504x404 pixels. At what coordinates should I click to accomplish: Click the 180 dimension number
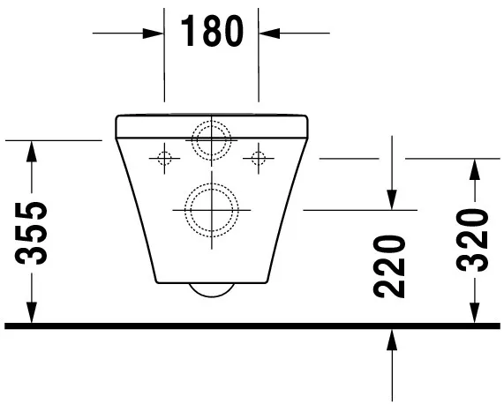[212, 33]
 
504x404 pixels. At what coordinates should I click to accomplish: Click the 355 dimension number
[32, 233]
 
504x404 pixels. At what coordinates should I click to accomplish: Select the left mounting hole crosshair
[163, 159]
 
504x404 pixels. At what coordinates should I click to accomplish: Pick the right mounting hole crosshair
[259, 159]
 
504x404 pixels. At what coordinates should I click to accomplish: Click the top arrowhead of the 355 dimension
[32, 150]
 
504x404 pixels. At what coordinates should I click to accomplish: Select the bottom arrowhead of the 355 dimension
[32, 313]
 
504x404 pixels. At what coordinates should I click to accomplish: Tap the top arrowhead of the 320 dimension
[475, 168]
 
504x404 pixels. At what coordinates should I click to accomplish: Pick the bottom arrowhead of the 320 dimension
[475, 313]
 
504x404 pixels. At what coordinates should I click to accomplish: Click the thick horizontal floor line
[252, 325]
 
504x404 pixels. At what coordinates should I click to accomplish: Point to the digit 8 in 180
[212, 33]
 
